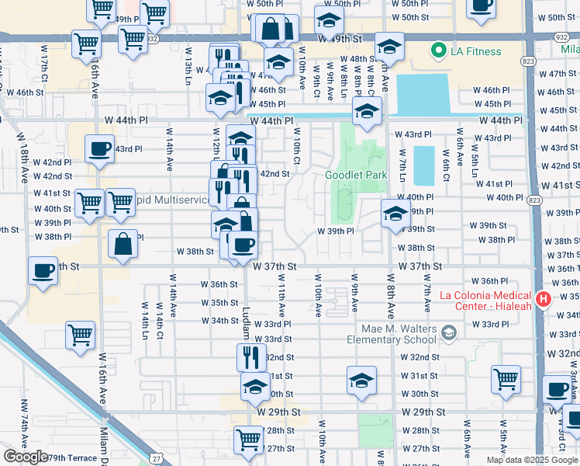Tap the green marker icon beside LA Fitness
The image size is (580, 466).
pyautogui.click(x=439, y=52)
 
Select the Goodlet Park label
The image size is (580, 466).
pyautogui.click(x=356, y=175)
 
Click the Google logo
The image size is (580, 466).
pyautogui.click(x=26, y=457)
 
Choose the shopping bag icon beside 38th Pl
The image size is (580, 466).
pyautogui.click(x=123, y=243)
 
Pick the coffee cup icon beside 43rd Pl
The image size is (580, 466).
pyautogui.click(x=99, y=148)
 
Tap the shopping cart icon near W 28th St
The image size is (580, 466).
pyautogui.click(x=249, y=439)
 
